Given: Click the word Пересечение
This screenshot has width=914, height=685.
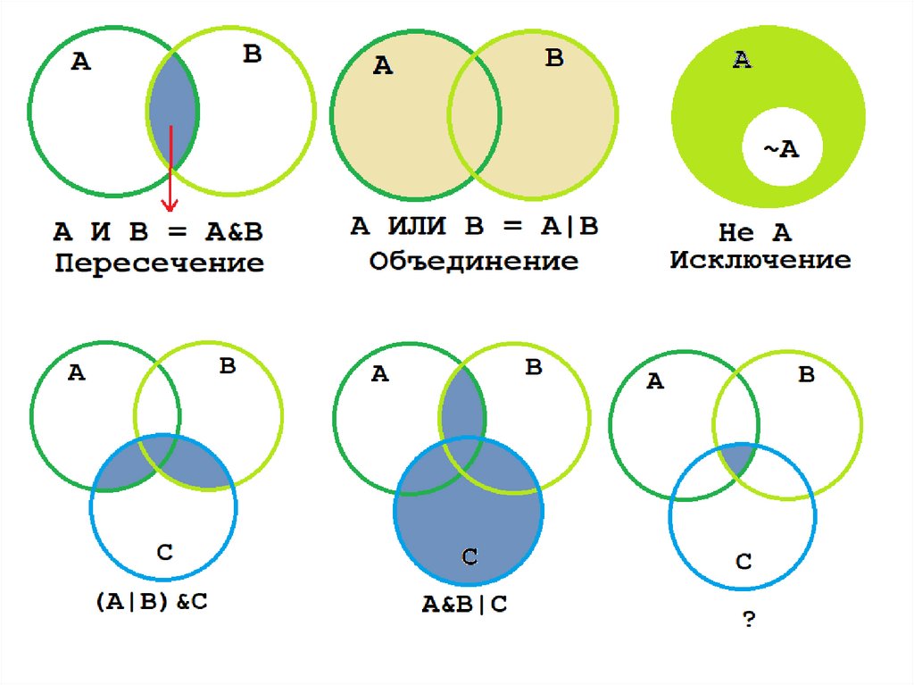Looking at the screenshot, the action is (x=160, y=263).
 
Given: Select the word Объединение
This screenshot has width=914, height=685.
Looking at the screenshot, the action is (x=474, y=261).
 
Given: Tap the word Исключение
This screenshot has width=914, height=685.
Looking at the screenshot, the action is (x=760, y=261).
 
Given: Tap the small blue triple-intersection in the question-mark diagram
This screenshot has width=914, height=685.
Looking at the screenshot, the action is (x=735, y=458).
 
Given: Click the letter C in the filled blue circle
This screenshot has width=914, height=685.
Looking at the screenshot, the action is (x=469, y=558).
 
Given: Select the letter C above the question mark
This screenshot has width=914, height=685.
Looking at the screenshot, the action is (x=744, y=561).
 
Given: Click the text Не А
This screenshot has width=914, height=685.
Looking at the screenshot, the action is (x=755, y=233).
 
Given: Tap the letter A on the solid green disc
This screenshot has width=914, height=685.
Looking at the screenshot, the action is (x=742, y=60).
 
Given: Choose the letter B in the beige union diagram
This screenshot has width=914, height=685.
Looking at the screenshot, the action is (x=554, y=59).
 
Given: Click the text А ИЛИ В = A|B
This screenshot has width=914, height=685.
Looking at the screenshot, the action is (x=474, y=227).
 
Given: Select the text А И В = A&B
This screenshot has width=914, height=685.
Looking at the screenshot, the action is (x=158, y=232).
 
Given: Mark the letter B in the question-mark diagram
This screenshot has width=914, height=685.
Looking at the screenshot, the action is (x=806, y=375).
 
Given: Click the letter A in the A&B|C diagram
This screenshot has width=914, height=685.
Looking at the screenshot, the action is (x=379, y=374).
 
